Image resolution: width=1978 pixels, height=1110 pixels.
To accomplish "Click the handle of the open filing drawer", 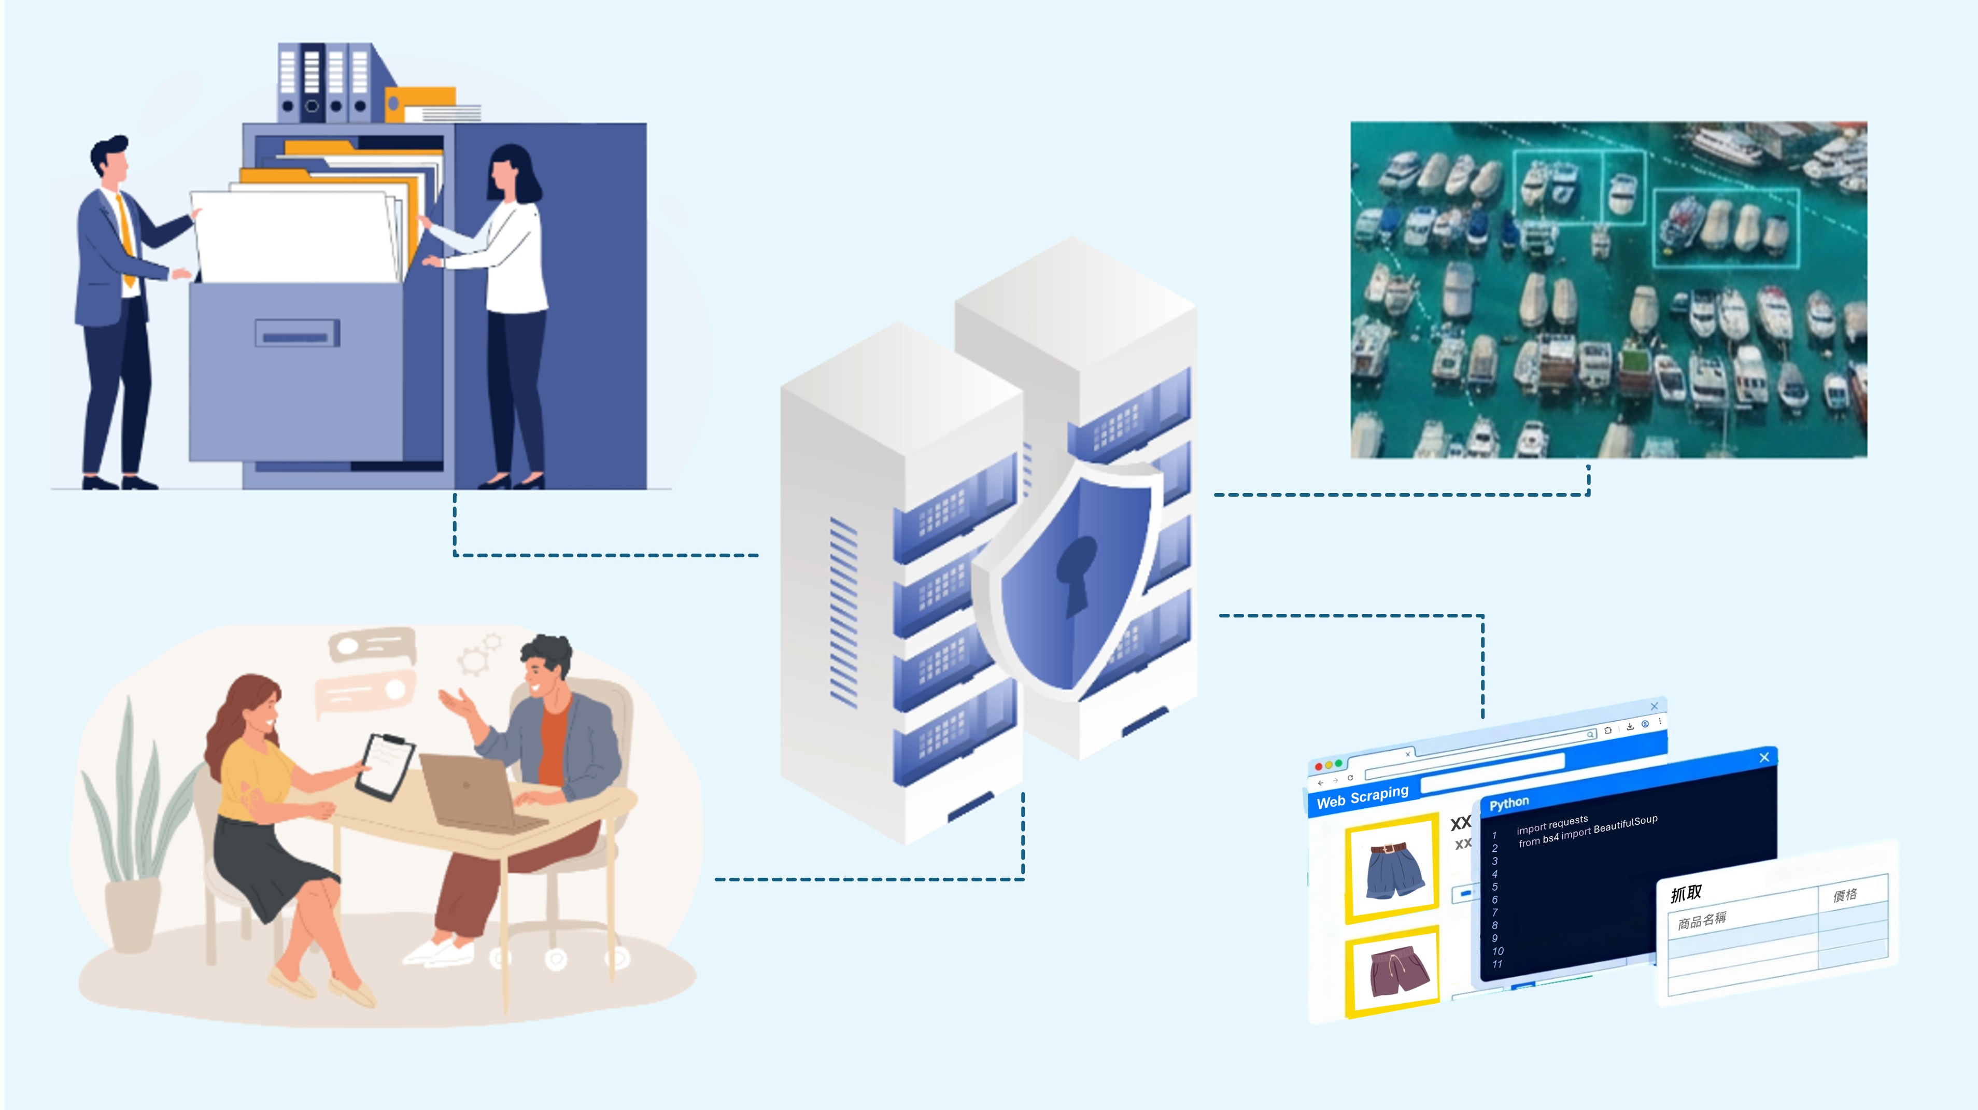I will [x=296, y=335].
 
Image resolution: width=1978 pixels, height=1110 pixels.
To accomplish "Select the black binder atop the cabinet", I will [x=312, y=81].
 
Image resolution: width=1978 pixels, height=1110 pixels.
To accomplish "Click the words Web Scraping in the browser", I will [x=1362, y=796].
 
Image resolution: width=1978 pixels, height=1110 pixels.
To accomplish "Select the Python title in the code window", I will [x=1509, y=803].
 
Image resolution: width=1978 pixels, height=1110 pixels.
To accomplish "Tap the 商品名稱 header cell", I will [x=1702, y=920].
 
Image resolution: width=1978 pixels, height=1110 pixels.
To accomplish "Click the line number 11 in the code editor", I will [x=1496, y=964].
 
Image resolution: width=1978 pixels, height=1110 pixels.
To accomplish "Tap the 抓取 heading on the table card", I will [x=1686, y=893].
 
